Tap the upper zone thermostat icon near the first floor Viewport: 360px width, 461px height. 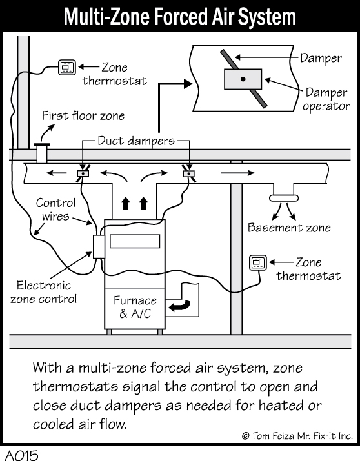[67, 66]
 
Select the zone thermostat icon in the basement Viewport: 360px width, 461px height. [257, 262]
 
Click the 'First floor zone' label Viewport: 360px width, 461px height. [83, 116]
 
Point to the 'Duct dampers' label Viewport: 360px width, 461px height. [135, 141]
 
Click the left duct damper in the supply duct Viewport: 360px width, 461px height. [83, 173]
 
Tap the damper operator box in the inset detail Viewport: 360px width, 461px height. [243, 79]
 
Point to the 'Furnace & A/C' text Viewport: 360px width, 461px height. [135, 307]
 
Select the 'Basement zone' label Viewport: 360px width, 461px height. [289, 228]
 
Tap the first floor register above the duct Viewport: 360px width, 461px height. [43, 153]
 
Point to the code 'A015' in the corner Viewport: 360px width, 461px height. [21, 453]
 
